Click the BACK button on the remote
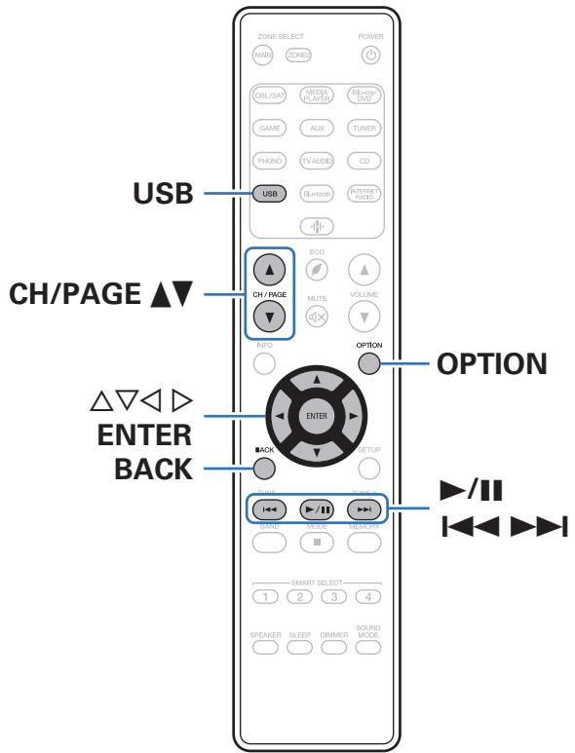[x=263, y=466]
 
